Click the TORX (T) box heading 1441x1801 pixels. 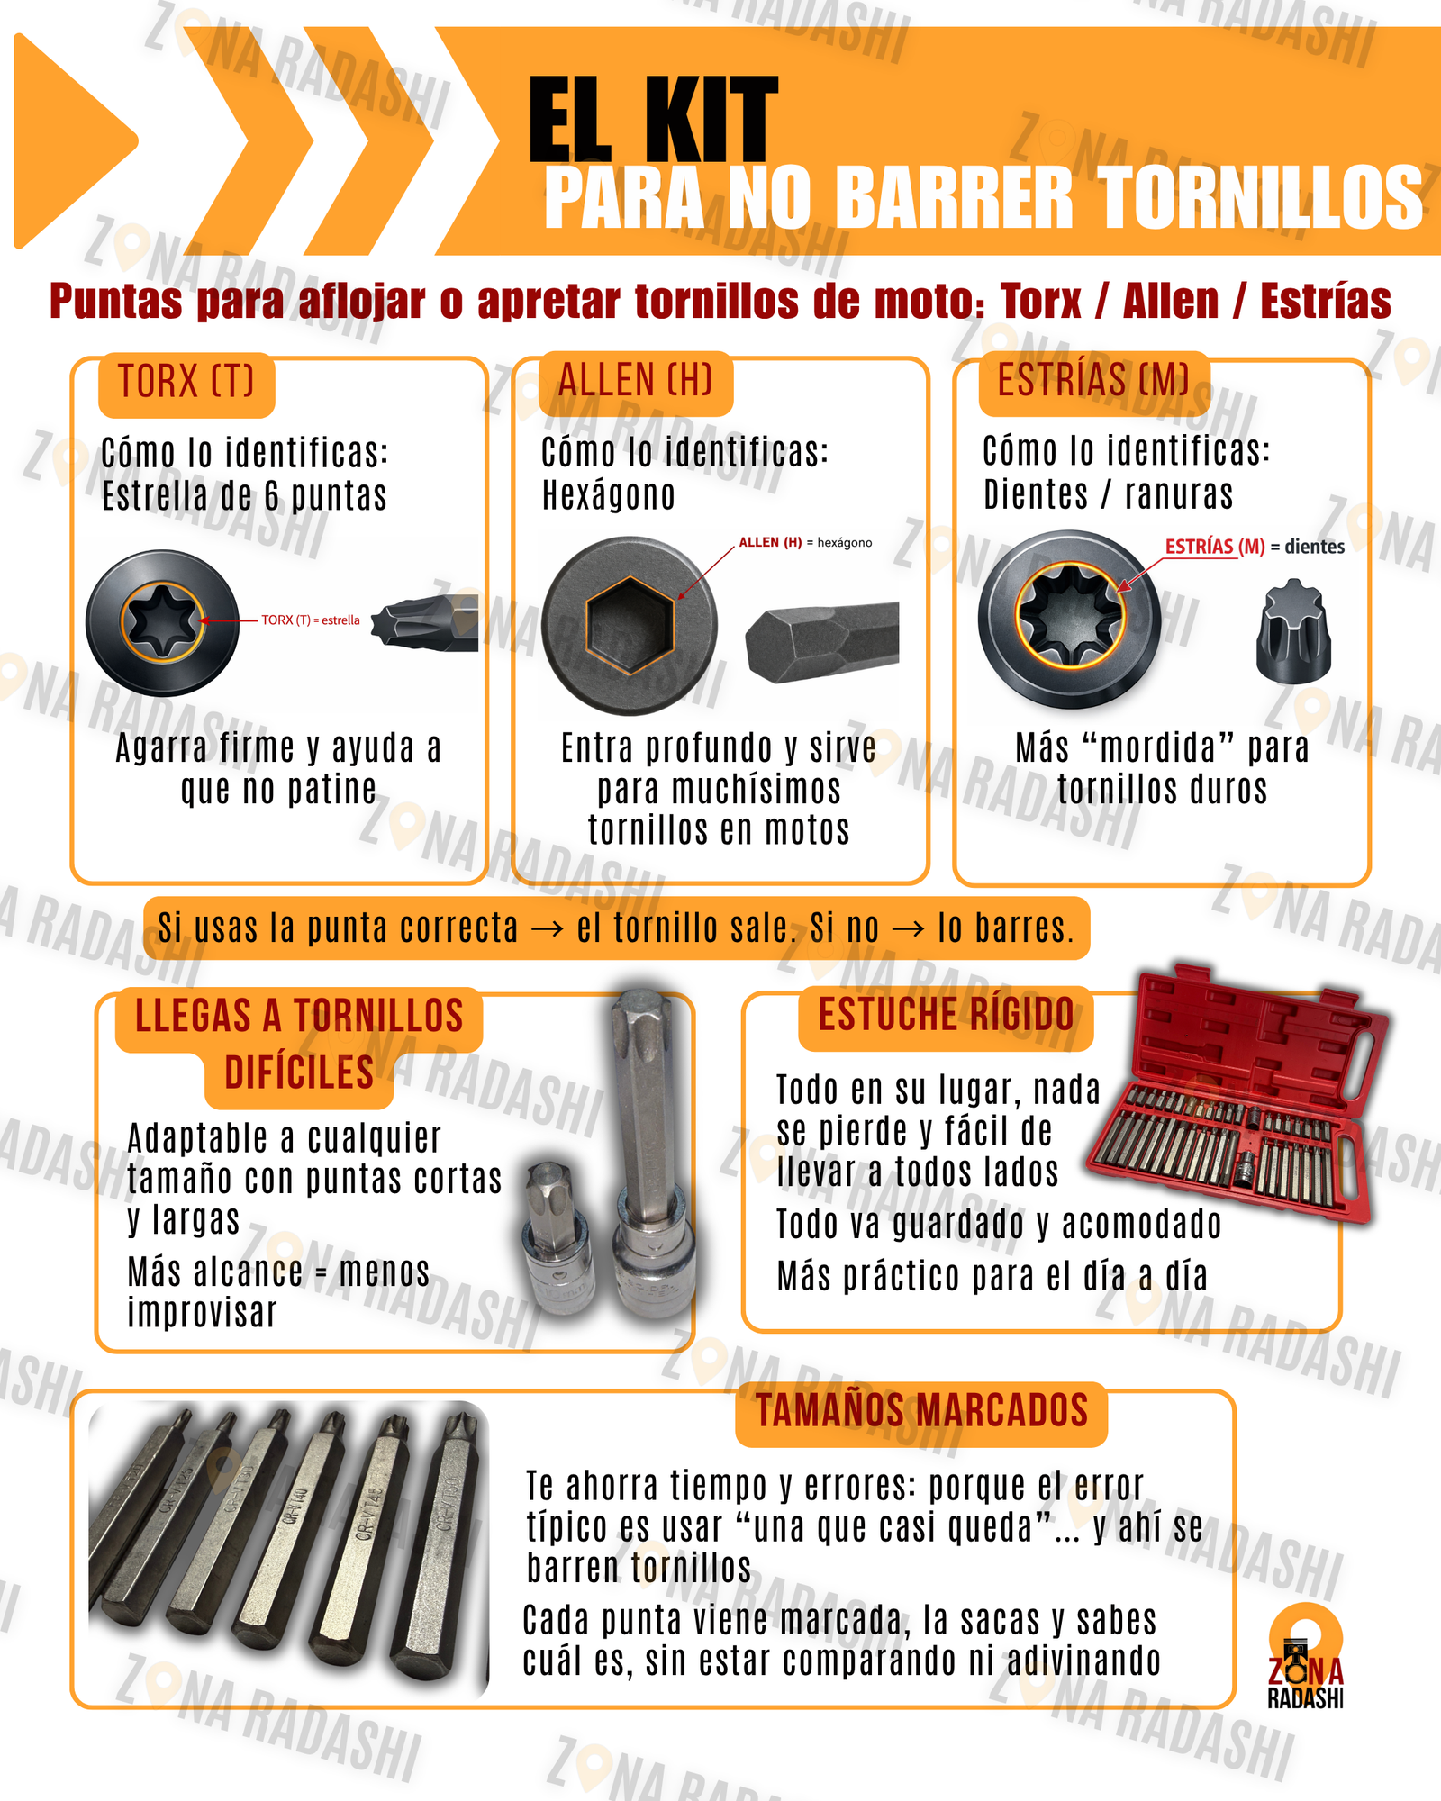tap(186, 383)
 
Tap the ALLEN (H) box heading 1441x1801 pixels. tap(635, 381)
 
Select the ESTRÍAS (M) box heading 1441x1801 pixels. tap(1092, 381)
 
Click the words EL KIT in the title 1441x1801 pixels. tap(652, 120)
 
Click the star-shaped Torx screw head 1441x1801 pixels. tap(162, 621)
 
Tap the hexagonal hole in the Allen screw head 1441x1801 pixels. tap(629, 624)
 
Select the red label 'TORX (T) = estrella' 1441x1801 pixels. tap(310, 620)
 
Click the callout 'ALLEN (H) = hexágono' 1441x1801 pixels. tap(804, 543)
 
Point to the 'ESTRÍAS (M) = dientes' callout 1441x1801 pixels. tap(1254, 547)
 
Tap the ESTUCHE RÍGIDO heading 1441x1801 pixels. tap(946, 1016)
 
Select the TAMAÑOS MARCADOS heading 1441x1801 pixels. tap(921, 1411)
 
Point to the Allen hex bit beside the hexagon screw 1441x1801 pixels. tap(822, 639)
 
